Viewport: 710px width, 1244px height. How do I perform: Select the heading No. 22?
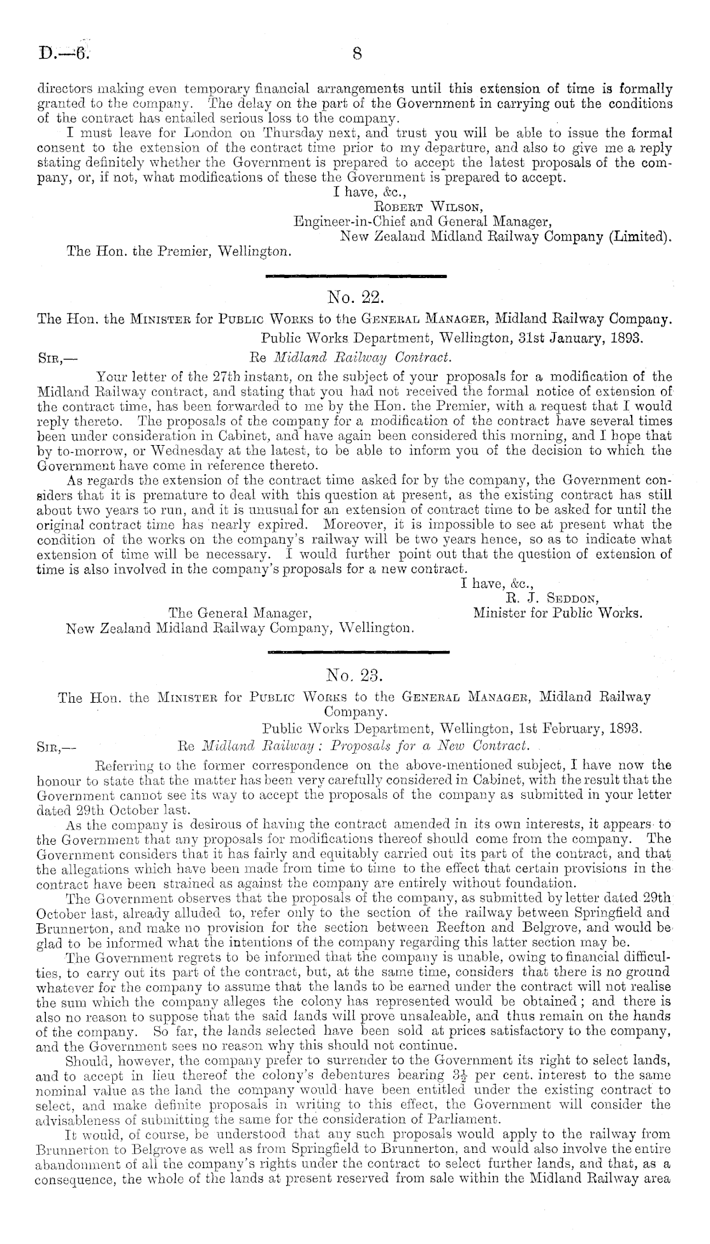pos(354,296)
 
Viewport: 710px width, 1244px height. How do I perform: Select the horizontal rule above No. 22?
pos(354,276)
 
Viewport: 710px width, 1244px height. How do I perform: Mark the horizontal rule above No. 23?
pos(359,652)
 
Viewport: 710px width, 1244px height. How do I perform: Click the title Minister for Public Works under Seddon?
pos(557,614)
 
